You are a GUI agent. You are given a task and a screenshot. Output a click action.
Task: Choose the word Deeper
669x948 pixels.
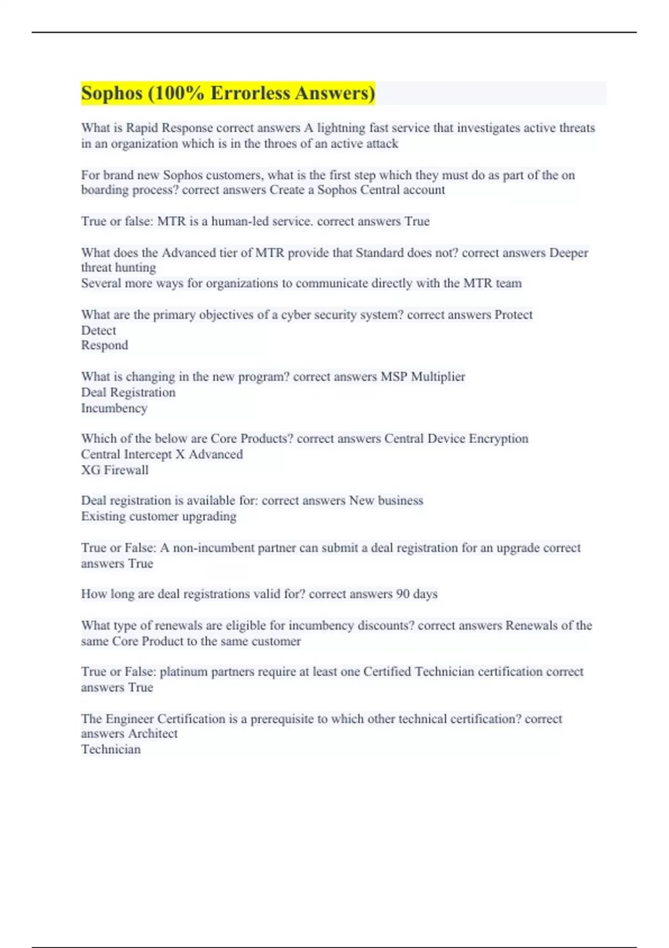coord(569,253)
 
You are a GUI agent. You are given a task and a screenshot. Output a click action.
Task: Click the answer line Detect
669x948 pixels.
coord(99,330)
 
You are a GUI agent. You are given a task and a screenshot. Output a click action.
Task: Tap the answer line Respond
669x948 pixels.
coord(105,345)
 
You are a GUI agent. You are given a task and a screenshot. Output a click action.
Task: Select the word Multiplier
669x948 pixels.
coord(438,377)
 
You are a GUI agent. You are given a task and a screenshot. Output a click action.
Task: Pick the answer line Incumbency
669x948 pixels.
coord(114,408)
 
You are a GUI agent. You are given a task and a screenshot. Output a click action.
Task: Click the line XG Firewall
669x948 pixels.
coord(115,470)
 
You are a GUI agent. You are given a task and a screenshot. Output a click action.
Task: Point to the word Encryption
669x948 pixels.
coord(498,439)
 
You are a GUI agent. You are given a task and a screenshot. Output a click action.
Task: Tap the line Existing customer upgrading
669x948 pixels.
coord(159,516)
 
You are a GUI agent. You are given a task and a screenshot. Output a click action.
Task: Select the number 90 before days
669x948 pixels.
coord(403,594)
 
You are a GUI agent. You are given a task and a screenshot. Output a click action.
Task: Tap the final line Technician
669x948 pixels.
coord(111,749)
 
